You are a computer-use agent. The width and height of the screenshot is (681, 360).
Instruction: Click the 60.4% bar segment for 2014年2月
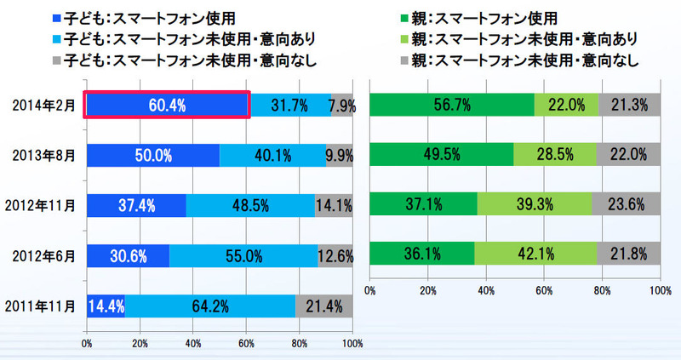pos(167,106)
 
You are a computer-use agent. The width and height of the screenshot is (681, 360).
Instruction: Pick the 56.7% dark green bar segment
pos(452,106)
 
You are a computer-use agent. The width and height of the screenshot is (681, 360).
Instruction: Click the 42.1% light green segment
pos(535,254)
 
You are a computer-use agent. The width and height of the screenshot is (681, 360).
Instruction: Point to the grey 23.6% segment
pos(628,204)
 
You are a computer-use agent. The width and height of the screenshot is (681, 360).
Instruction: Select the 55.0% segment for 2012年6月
pos(243,254)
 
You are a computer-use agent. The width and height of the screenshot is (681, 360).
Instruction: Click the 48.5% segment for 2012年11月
pos(249,204)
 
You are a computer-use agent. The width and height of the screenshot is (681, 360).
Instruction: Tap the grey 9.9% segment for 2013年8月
pos(340,155)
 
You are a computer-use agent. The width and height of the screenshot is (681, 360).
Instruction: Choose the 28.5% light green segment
pos(555,155)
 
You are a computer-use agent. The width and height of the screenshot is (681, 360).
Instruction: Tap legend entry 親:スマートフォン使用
pos(481,16)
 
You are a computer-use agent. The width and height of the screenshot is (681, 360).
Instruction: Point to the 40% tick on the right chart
pos(486,290)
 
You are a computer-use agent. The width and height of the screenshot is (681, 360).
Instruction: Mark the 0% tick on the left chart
pos(86,345)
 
